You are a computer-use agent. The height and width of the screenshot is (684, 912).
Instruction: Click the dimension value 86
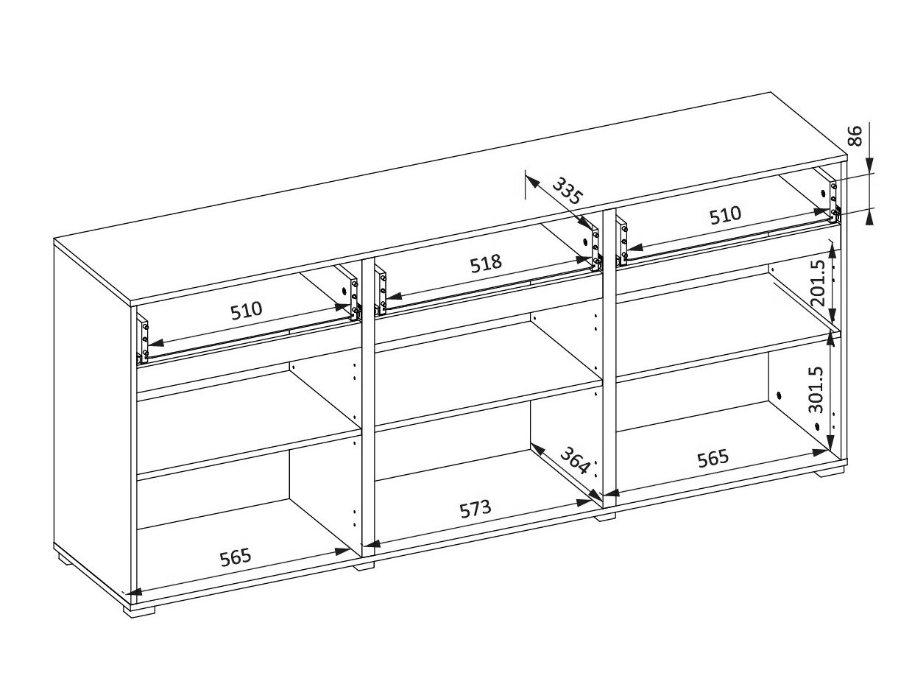pos(854,136)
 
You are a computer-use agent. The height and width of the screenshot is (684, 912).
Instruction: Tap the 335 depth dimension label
pos(567,191)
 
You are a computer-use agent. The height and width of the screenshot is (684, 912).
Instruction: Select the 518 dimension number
pos(487,263)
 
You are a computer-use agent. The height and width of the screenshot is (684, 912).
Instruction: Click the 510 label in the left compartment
pos(246,310)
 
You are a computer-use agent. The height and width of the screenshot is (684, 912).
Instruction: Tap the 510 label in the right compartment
pos(725,216)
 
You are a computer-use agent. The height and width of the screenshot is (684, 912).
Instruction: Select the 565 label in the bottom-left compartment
pos(236,557)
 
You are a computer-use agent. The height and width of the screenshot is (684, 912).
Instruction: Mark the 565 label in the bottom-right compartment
pos(713,458)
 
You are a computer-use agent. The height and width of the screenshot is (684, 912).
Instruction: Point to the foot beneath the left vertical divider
pos(364,565)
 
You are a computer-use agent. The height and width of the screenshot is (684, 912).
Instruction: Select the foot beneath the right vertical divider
pos(605,517)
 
